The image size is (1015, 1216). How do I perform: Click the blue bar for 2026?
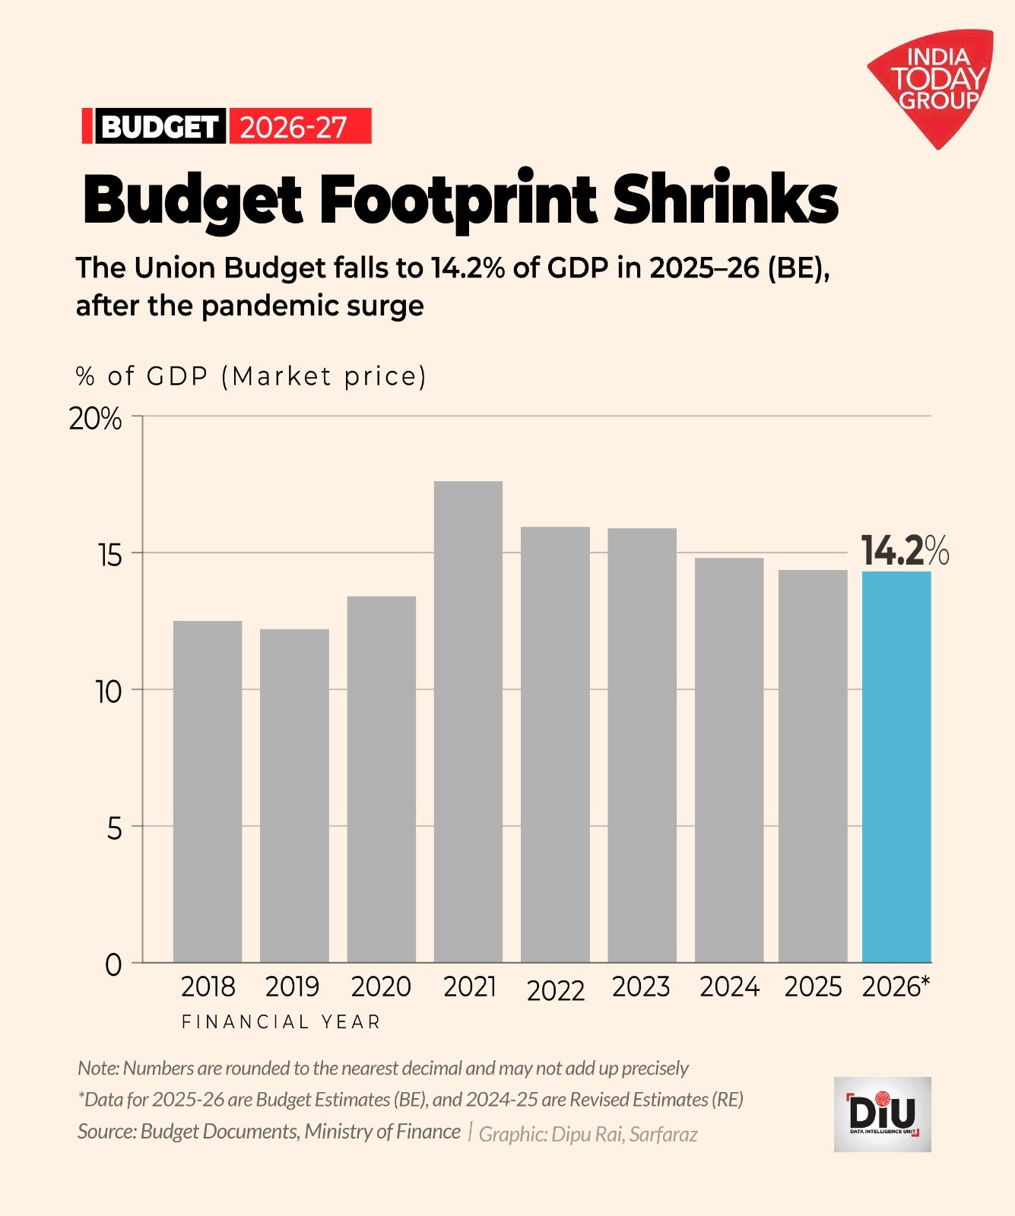pos(896,768)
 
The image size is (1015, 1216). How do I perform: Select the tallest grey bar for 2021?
pos(468,722)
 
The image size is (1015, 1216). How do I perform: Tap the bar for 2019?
pos(294,796)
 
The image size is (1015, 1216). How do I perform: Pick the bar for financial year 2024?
pos(729,760)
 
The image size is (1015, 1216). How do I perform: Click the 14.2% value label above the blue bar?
pos(904,550)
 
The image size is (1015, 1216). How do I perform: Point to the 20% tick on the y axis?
pos(95,419)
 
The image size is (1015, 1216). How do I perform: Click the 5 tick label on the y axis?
pos(114,828)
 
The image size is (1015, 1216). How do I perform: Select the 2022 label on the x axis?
pos(556,990)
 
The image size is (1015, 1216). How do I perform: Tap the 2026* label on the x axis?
pos(896,986)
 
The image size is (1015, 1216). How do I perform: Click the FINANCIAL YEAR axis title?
pos(281,1022)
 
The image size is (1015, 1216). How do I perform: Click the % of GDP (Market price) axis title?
pos(251,376)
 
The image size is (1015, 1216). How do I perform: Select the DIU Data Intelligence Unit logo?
pos(883,1114)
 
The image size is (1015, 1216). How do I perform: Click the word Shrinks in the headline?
pos(725,199)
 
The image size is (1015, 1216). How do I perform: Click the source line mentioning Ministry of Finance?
pos(269,1132)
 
